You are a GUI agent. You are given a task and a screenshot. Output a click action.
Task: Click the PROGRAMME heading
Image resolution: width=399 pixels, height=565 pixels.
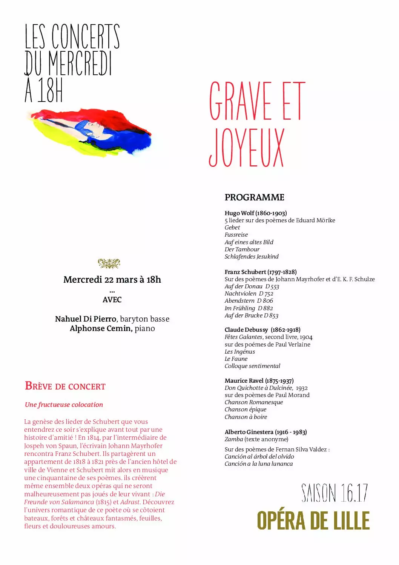coord(255,197)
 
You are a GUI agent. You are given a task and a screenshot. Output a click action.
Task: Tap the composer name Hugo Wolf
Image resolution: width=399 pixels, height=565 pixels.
coord(239,213)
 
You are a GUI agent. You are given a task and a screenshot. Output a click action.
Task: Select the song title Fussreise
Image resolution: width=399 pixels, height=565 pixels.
coord(236,235)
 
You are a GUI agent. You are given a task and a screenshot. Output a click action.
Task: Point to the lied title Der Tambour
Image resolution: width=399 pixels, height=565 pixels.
coord(242,249)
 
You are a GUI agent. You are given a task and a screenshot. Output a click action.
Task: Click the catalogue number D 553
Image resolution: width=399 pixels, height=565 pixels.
coord(272,286)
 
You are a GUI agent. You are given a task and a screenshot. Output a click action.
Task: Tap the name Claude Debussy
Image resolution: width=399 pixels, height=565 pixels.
coord(246,330)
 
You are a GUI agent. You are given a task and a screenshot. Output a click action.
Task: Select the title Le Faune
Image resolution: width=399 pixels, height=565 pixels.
coord(236,359)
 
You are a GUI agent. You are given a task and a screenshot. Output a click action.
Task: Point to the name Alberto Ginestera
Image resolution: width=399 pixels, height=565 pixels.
coord(249,432)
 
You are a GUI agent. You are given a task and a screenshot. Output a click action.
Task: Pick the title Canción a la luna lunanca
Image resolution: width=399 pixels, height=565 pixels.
coord(259,464)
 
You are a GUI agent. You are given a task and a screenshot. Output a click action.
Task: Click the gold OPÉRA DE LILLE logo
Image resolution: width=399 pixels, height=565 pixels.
coord(313,521)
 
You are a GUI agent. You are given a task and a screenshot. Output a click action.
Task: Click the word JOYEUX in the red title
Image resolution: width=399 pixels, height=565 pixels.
coord(246,148)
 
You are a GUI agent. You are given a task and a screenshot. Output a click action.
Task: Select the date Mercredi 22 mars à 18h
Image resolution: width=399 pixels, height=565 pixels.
coord(112,280)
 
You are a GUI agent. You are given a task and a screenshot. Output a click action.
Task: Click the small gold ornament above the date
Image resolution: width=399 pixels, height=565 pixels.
coord(109,263)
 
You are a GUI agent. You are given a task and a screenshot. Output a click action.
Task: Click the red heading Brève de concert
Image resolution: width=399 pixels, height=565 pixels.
coord(65,386)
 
